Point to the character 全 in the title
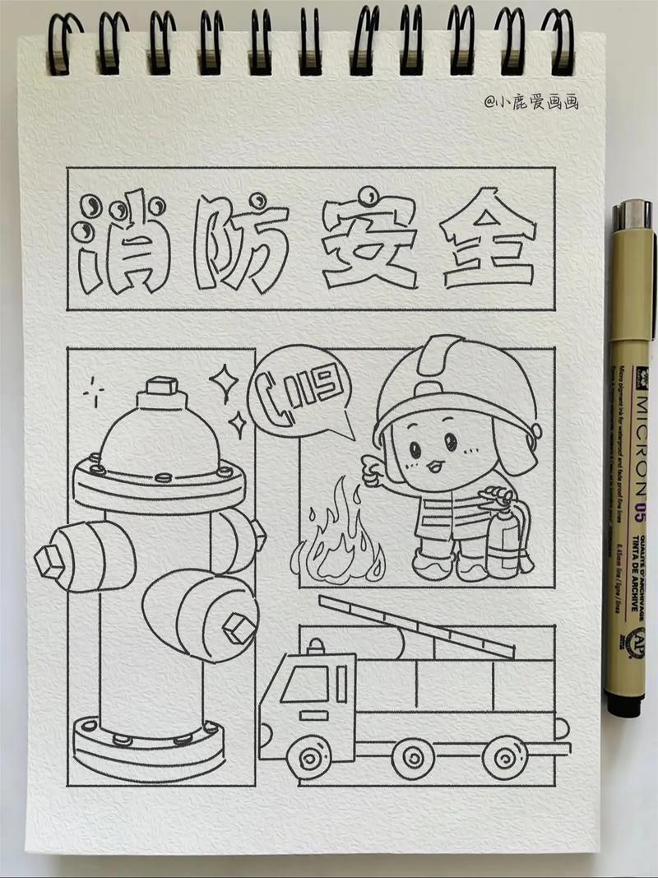485,239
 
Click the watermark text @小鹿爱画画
531,102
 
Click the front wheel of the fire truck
312,755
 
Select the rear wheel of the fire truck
503,755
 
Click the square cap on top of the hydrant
160,385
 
